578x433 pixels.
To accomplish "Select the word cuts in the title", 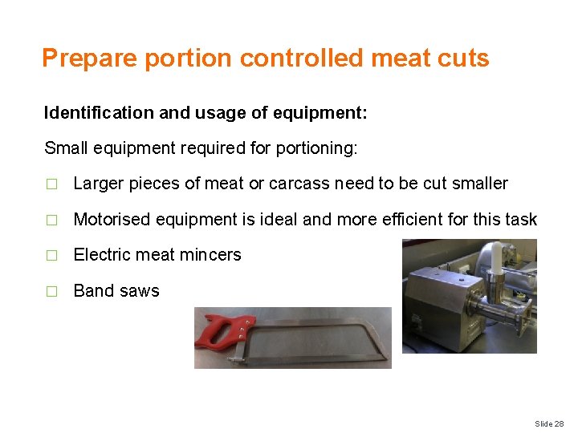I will tap(464, 58).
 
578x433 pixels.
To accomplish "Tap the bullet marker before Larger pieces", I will tap(52, 184).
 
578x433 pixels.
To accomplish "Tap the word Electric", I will tap(100, 255).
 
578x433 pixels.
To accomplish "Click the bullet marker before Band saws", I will tap(52, 292).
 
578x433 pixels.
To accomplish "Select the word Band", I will tap(92, 291).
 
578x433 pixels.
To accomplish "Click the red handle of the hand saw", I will tap(218, 330).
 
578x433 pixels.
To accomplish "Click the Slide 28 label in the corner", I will tap(549, 423).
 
